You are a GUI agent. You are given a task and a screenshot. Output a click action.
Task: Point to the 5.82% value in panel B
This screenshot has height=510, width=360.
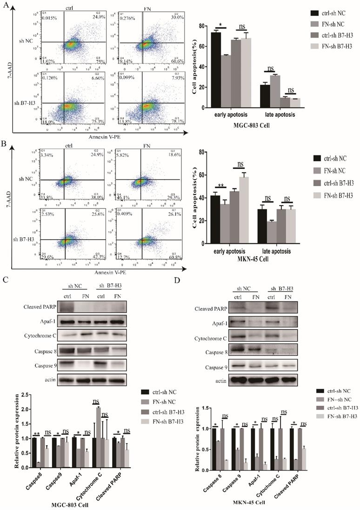[123, 154]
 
